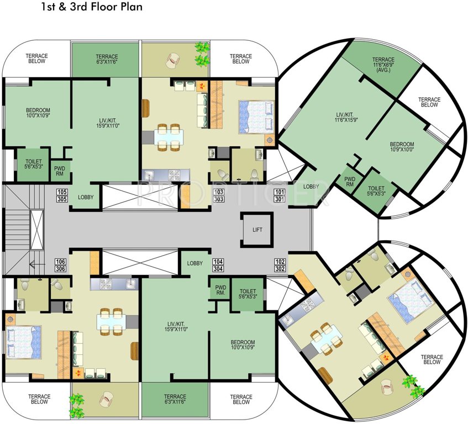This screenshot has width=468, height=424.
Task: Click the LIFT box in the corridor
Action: pyautogui.click(x=257, y=229)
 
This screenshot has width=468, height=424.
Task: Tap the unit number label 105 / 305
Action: pyautogui.click(x=62, y=195)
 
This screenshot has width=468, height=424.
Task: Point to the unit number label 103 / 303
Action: pyautogui.click(x=218, y=195)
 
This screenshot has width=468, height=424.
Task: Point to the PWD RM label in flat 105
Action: pyautogui.click(x=60, y=170)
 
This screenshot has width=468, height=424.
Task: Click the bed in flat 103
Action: pyautogui.click(x=256, y=116)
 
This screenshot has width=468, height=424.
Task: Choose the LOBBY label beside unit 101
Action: pyautogui.click(x=311, y=187)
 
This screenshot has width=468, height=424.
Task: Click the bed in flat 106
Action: pyautogui.click(x=23, y=343)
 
